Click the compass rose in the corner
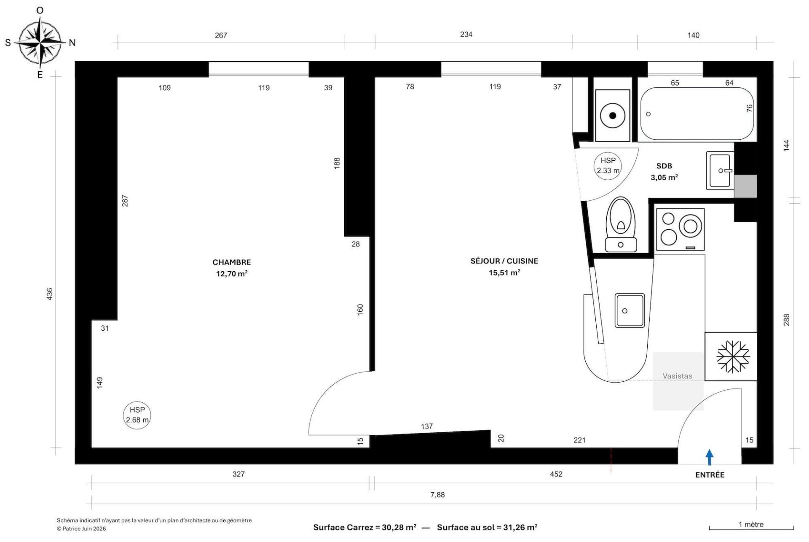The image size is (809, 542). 40,42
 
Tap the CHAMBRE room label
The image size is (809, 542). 231,262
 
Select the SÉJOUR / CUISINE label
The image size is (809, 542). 504,261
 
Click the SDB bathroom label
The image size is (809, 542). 664,166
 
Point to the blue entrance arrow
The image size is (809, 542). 710,457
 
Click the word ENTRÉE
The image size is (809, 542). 710,475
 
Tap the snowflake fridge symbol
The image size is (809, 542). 733,357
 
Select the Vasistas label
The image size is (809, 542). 677,376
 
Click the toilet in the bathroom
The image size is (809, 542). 621,224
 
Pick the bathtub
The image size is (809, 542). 697,114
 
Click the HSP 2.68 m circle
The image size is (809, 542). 137,415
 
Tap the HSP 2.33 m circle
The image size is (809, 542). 608,166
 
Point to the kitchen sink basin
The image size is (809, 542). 630,310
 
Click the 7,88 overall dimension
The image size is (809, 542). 437,495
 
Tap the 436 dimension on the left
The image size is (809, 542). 50,294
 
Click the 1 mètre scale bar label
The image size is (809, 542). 751,525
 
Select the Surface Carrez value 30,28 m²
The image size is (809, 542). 399,527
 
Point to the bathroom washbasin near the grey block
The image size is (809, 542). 720,170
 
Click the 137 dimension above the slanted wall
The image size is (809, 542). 427,426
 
